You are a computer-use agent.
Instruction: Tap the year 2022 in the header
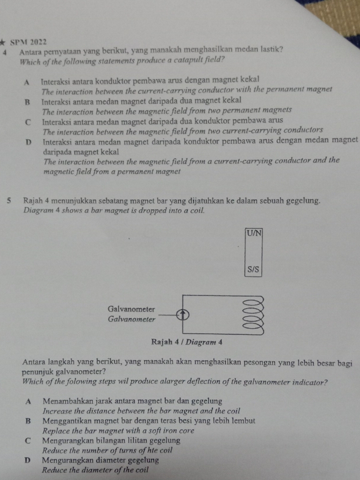[37, 42]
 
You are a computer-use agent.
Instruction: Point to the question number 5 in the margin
[10, 201]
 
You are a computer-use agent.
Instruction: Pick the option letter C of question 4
[28, 121]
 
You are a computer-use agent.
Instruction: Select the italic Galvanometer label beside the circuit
[132, 319]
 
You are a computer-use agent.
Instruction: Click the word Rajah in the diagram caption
[162, 341]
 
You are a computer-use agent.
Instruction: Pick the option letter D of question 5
[28, 460]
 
